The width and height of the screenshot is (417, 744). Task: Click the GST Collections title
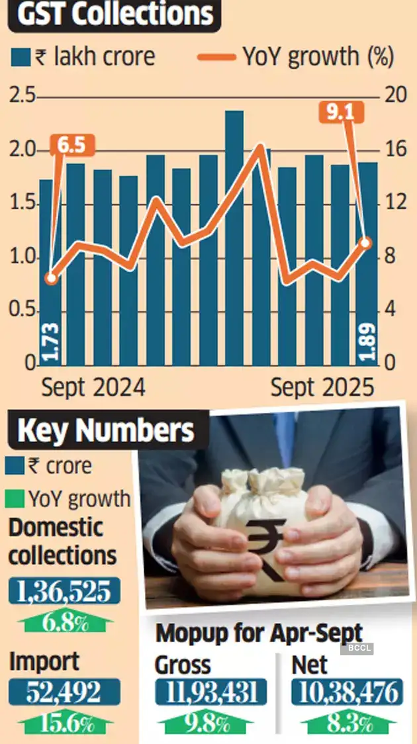(x=114, y=17)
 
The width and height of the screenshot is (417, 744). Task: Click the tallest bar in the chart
(x=234, y=238)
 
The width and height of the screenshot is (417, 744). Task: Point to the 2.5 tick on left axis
(x=22, y=97)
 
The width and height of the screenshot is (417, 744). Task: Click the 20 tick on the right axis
(x=395, y=97)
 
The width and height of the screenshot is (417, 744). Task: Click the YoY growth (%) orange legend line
(x=216, y=58)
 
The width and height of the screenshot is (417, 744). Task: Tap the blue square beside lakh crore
(x=21, y=58)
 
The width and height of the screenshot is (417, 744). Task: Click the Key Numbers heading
(x=106, y=430)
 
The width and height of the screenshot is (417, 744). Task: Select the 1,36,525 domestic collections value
(x=64, y=591)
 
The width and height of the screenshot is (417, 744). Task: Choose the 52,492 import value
(x=64, y=692)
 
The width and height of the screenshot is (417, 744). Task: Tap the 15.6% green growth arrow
(x=64, y=723)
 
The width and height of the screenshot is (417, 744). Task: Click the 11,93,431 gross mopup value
(x=211, y=692)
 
